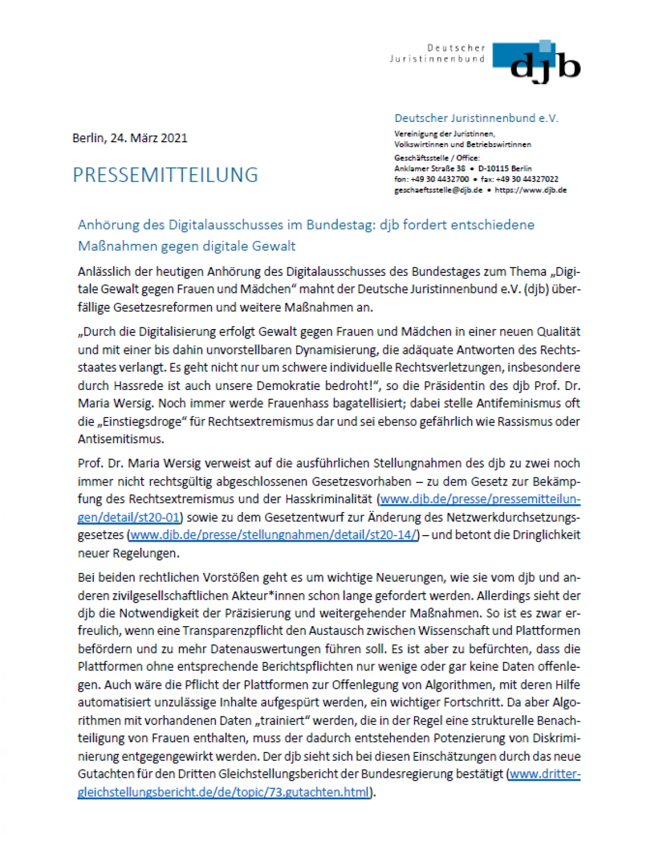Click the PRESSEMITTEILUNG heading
tap(165, 175)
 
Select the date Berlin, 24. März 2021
tap(130, 138)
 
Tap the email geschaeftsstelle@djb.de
tap(438, 190)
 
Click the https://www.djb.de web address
tap(530, 190)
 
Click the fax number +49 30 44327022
tap(528, 179)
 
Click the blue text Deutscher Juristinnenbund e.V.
tap(476, 118)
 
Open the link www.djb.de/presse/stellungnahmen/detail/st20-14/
tap(274, 535)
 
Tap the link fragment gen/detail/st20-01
tap(129, 517)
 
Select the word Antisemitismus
tap(121, 439)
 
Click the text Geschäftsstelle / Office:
tap(437, 158)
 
